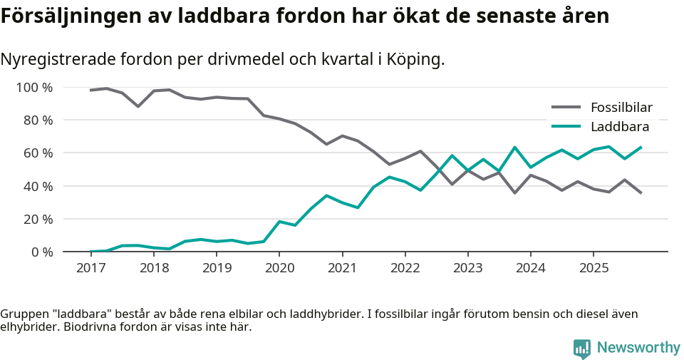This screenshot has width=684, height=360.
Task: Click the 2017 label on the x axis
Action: pyautogui.click(x=90, y=268)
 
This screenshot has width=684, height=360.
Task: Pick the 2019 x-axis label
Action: pyautogui.click(x=217, y=268)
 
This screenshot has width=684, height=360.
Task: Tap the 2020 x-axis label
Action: pyautogui.click(x=279, y=268)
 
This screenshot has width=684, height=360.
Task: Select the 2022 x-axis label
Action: pyautogui.click(x=405, y=268)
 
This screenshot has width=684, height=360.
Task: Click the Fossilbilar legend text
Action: pyautogui.click(x=621, y=108)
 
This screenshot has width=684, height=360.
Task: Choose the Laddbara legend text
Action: pyautogui.click(x=619, y=127)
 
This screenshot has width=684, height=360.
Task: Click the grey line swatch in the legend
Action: pyautogui.click(x=567, y=108)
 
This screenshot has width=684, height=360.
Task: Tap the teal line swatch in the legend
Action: pyautogui.click(x=567, y=127)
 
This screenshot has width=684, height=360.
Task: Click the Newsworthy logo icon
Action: pyautogui.click(x=581, y=349)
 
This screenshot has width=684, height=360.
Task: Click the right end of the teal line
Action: pyautogui.click(x=641, y=148)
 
